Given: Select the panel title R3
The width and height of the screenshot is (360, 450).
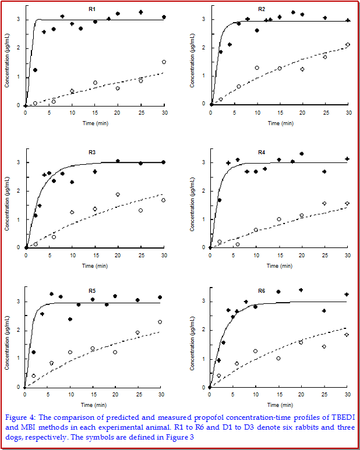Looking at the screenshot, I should (x=92, y=153).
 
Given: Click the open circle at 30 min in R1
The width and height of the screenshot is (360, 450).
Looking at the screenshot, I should (x=164, y=62).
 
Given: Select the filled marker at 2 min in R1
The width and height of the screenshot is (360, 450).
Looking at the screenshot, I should (x=35, y=70).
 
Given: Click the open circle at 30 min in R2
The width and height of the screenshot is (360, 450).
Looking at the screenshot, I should (x=348, y=45).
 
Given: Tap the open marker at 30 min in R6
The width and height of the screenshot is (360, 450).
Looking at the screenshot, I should (x=347, y=335).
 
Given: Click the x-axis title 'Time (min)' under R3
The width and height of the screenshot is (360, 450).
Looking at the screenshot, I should (x=96, y=266).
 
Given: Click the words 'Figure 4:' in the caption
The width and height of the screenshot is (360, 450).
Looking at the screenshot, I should (x=20, y=417).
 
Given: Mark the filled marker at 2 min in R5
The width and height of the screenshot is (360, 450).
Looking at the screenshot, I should (x=34, y=352).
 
